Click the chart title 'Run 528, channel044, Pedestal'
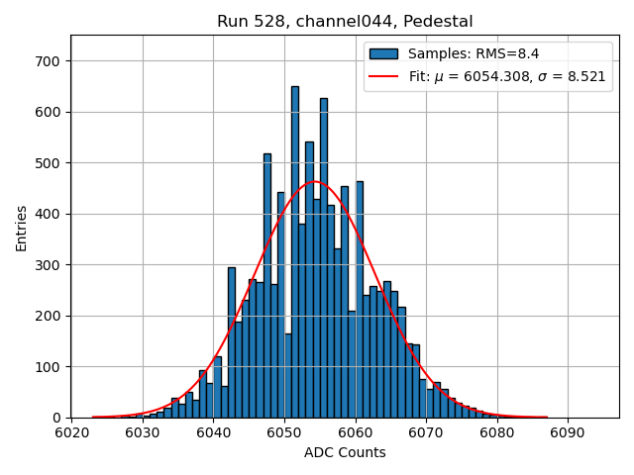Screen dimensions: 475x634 tap(345, 21)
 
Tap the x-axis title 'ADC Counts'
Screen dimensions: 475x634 tap(345, 453)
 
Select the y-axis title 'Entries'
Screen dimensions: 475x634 tap(21, 227)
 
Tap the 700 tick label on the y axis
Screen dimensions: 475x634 tap(50, 61)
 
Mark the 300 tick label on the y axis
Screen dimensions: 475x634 tap(50, 265)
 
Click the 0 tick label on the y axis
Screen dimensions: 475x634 tap(57, 418)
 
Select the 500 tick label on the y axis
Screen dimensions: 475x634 tap(50, 163)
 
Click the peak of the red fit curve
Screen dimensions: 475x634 tap(315, 182)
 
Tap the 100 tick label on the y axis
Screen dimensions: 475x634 tap(50, 367)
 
